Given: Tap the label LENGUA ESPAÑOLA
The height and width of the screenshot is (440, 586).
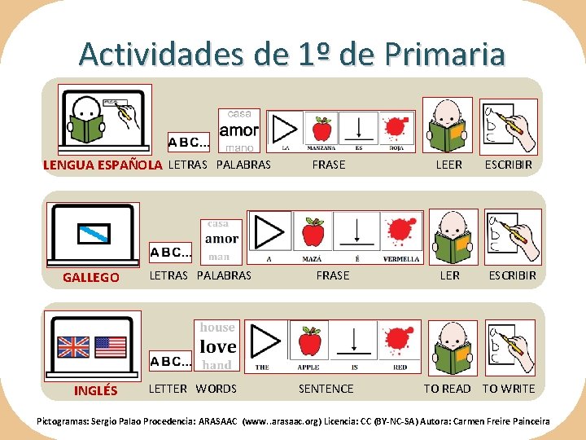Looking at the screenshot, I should pos(103,165).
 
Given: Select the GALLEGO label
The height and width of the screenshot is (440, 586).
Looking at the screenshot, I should pos(91,277).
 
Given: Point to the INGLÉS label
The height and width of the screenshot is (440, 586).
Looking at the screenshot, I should pos(95,390).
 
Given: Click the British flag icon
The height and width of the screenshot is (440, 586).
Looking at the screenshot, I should pos(73,347).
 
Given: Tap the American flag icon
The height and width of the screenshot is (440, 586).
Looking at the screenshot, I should pos(111,347).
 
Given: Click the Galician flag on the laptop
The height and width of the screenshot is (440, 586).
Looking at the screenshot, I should pos(92,234).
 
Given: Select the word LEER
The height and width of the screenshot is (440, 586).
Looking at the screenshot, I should pos(448,165).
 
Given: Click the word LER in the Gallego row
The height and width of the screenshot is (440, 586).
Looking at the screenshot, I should pos(449,275).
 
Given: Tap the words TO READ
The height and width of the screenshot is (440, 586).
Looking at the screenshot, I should pos(447,389).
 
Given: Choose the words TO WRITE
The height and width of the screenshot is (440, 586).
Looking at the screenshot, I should pos(509,389).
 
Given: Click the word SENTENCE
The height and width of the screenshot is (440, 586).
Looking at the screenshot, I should pos(326,389).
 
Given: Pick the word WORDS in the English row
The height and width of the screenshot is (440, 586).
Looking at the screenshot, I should pos(216,389).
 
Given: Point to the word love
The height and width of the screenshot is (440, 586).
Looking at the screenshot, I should pos(217,346).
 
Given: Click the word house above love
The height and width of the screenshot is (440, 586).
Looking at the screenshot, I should pos(217,328).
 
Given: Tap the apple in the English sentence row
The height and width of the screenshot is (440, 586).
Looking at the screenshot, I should pos(309,341).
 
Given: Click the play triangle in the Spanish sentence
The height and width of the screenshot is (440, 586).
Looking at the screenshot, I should pos(284,129).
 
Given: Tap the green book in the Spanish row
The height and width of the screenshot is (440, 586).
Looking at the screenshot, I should pos(445,135).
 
